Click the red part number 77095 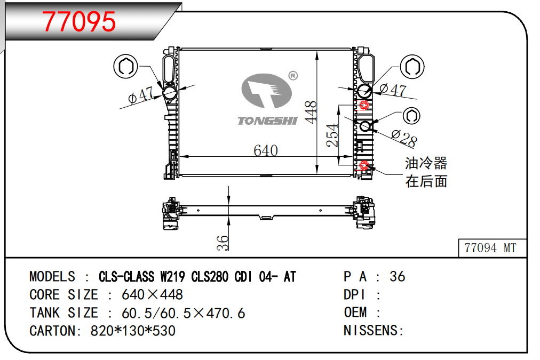79,21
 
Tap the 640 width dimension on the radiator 266,150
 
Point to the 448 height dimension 311,112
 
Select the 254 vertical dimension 332,135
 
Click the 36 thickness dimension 223,243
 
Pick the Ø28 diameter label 404,138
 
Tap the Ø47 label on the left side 140,95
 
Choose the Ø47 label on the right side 393,90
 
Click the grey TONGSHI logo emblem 267,91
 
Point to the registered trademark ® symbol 293,75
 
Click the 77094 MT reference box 493,248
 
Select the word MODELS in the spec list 52,277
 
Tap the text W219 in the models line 172,277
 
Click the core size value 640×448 152,294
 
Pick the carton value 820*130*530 133,331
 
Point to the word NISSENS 370,331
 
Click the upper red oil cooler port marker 364,105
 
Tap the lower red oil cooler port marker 364,165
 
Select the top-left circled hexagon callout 126,66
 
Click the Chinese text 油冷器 426,163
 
